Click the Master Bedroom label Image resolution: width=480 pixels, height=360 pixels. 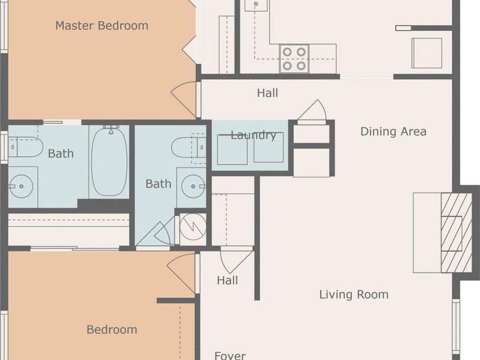[101, 26]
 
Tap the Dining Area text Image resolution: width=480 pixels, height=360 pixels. [393, 132]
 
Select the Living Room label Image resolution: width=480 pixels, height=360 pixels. [354, 294]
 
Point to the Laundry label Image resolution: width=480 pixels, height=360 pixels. [253, 135]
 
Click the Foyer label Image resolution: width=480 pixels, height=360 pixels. [230, 355]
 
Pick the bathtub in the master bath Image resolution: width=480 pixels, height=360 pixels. [109, 162]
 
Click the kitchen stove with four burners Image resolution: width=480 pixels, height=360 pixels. [294, 59]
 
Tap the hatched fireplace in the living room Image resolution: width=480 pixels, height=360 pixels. [456, 232]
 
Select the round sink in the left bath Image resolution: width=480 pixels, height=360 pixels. [21, 186]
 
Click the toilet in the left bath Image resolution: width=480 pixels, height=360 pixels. [25, 147]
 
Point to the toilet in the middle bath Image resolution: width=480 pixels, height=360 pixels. [188, 148]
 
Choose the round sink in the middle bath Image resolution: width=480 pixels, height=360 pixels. [193, 186]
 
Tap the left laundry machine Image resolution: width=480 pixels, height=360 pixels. [232, 149]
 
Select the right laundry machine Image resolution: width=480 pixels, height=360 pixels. [268, 147]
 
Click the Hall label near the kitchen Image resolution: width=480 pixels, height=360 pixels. [268, 93]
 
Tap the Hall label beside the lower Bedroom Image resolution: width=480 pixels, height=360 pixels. [227, 280]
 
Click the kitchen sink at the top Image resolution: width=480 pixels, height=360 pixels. [256, 5]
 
